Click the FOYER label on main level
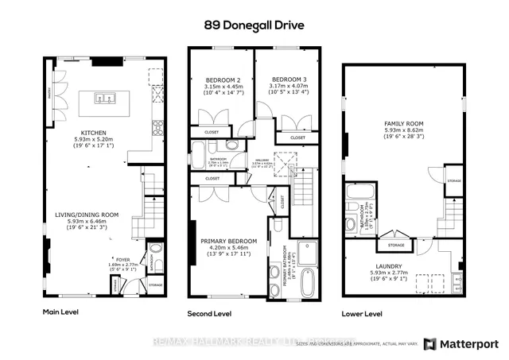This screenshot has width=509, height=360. tap(122, 259)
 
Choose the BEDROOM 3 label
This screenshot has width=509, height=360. tap(285, 80)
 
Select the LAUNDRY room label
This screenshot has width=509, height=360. tap(394, 266)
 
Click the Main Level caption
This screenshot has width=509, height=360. tap(57, 313)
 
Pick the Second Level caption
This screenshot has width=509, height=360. tap(210, 314)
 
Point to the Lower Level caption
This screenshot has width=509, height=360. tap(363, 313)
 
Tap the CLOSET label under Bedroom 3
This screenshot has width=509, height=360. tap(297, 138)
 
